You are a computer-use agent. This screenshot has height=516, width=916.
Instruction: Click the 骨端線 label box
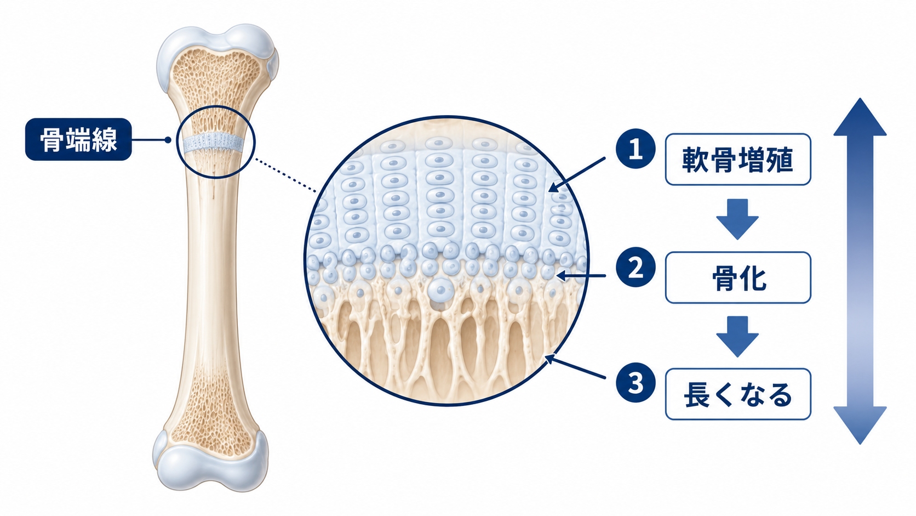pyautogui.click(x=78, y=139)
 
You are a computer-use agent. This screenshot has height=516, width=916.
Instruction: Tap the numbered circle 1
pyautogui.click(x=636, y=149)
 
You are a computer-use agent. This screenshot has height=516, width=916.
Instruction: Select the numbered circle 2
pyautogui.click(x=636, y=268)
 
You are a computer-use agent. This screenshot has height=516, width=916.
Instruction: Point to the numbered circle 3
pyautogui.click(x=636, y=383)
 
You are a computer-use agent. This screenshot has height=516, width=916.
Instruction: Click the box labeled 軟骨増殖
pyautogui.click(x=738, y=159)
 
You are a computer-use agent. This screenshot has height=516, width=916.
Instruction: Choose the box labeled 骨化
pyautogui.click(x=738, y=277)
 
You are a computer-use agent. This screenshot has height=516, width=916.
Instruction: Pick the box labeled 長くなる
pyautogui.click(x=738, y=394)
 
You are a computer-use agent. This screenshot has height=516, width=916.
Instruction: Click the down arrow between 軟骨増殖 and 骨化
pyautogui.click(x=737, y=219)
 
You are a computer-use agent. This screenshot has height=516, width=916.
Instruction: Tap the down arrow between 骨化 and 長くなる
pyautogui.click(x=737, y=336)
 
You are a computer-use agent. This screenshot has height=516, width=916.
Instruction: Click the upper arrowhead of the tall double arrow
pyautogui.click(x=860, y=118)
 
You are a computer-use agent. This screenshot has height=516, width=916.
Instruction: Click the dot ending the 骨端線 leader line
pyautogui.click(x=168, y=140)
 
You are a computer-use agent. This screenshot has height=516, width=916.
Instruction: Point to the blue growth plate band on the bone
pyautogui.click(x=213, y=143)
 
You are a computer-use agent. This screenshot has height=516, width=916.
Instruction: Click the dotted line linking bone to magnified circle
pyautogui.click(x=285, y=175)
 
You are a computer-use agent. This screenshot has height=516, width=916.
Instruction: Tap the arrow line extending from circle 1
pyautogui.click(x=576, y=174)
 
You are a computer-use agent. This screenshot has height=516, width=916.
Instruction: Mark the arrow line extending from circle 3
pyautogui.click(x=575, y=367)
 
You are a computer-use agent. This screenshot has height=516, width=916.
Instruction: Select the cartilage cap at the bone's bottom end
pyautogui.click(x=210, y=462)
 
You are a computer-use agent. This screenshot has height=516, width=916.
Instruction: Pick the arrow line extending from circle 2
pyautogui.click(x=581, y=276)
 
